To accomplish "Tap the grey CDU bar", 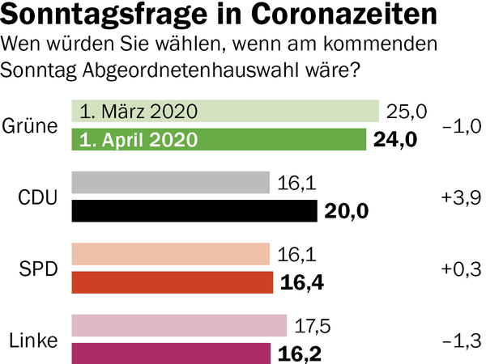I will coord(171,183).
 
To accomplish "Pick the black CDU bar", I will coord(194,211).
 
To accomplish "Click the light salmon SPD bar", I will coord(171,254).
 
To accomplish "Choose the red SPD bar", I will coord(173,282).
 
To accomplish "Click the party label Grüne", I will coord(31,125).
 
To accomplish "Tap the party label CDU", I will coord(37,197).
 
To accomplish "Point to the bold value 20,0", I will coord(346,211).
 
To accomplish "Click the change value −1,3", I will coord(462,340).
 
